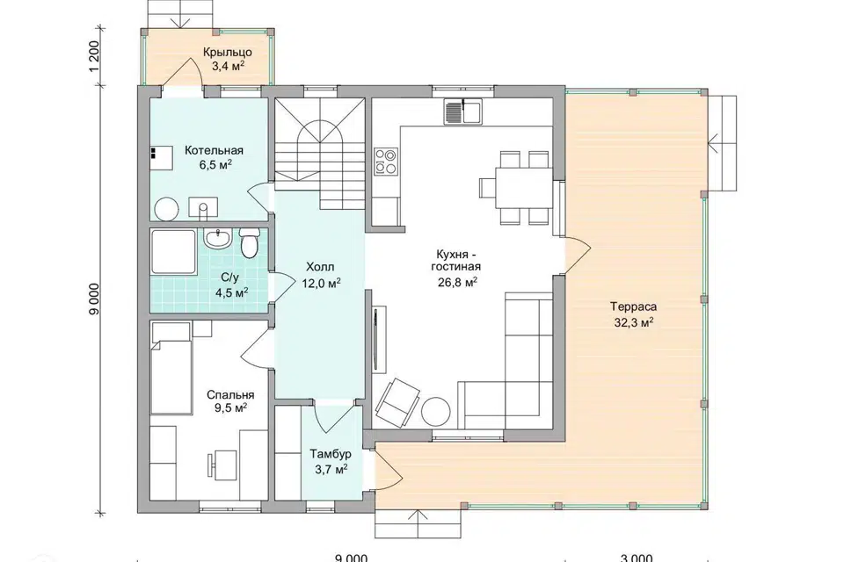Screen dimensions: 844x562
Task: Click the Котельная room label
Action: pos(214,150)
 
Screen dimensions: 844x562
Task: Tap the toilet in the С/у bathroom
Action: pos(249,243)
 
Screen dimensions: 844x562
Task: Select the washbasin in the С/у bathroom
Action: pos(218,239)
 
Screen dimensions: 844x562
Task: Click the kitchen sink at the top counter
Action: pos(463,112)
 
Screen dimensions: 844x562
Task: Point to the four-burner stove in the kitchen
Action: pos(386,162)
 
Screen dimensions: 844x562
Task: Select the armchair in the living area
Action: pos(397,402)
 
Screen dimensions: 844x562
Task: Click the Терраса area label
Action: pos(634,307)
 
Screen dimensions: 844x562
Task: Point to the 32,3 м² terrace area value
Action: pos(634,322)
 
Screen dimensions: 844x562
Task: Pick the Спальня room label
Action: pos(230,395)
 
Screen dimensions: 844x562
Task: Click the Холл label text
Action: pos(320,267)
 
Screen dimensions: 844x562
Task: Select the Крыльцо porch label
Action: pos(228,52)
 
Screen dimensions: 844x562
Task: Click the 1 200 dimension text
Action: pos(94,56)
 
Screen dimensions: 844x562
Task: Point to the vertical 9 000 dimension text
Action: pos(94,299)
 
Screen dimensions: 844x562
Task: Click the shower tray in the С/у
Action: pos(173,252)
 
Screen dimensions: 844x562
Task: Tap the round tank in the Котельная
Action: pos(166,209)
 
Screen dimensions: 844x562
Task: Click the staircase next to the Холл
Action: pos(320,154)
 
